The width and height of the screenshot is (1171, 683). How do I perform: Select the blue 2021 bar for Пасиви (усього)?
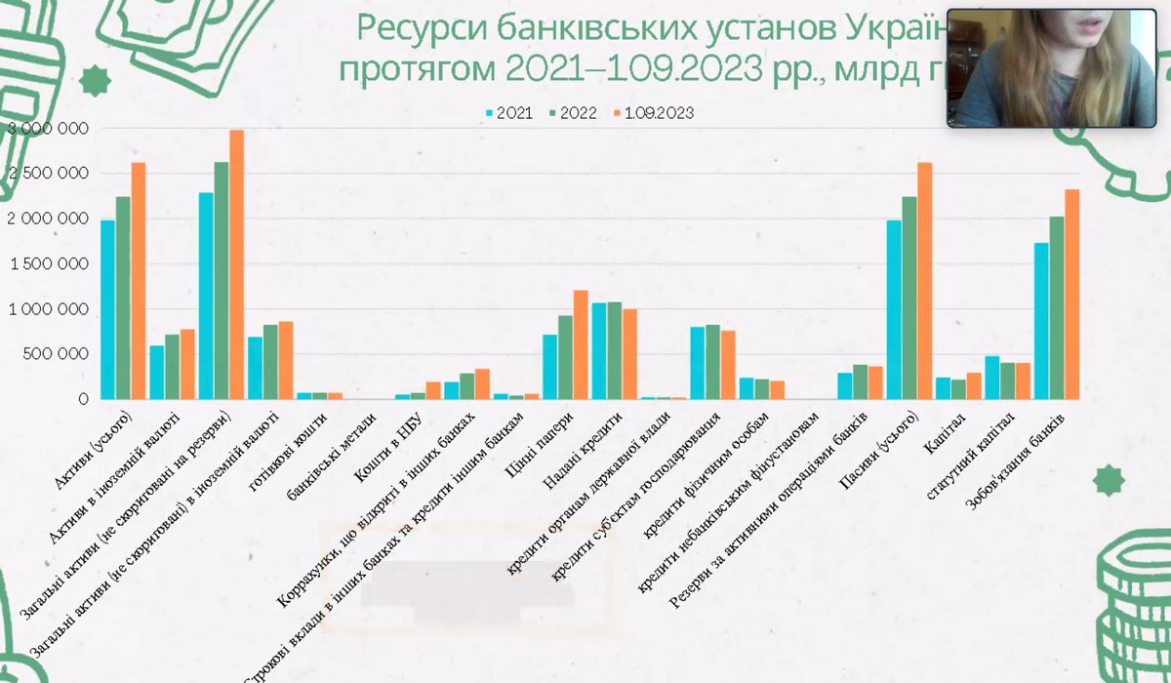pyautogui.click(x=894, y=310)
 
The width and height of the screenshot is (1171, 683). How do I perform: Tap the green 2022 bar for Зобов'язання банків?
pyautogui.click(x=1057, y=308)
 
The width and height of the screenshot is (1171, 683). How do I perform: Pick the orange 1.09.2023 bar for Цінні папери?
pyautogui.click(x=581, y=345)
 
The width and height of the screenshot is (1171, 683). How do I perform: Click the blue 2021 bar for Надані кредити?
pyautogui.click(x=599, y=351)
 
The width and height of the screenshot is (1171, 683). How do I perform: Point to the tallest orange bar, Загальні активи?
pyautogui.click(x=236, y=264)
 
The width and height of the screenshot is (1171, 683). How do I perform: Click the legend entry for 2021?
pyautogui.click(x=508, y=113)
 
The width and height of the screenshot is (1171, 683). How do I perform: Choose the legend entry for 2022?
pyautogui.click(x=573, y=113)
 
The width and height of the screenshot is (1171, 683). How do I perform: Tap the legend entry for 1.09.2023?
pyautogui.click(x=653, y=113)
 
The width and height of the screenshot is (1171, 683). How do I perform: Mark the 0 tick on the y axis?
pyautogui.click(x=82, y=399)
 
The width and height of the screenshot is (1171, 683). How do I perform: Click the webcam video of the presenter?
pyautogui.click(x=1046, y=68)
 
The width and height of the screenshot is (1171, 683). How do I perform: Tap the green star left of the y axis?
pyautogui.click(x=95, y=82)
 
